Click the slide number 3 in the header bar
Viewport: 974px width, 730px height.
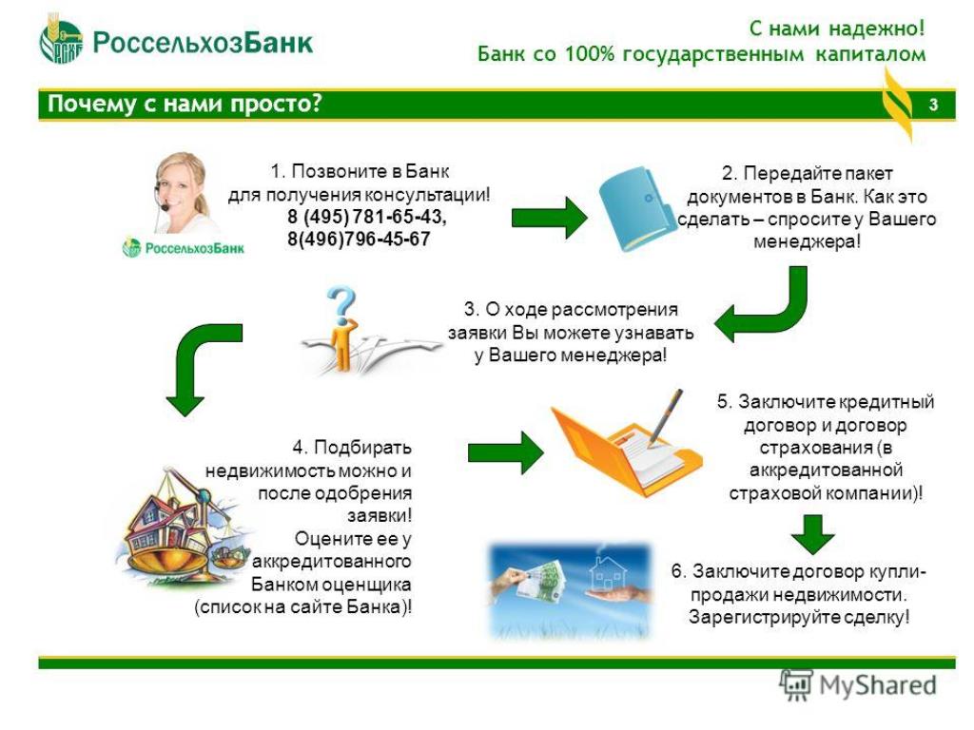(932, 105)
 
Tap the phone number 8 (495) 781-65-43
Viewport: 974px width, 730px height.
(366, 217)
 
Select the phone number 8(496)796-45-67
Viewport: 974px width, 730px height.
(359, 239)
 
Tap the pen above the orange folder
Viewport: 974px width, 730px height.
(665, 417)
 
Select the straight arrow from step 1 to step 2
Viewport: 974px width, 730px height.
(549, 218)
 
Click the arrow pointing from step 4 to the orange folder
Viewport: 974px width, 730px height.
(506, 452)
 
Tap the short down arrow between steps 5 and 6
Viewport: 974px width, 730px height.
(812, 534)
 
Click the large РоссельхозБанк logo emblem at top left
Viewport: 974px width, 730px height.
(61, 41)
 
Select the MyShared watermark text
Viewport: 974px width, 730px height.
(877, 685)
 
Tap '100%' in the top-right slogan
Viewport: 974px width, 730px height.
(590, 54)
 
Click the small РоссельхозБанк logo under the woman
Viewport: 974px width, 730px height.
(184, 248)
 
